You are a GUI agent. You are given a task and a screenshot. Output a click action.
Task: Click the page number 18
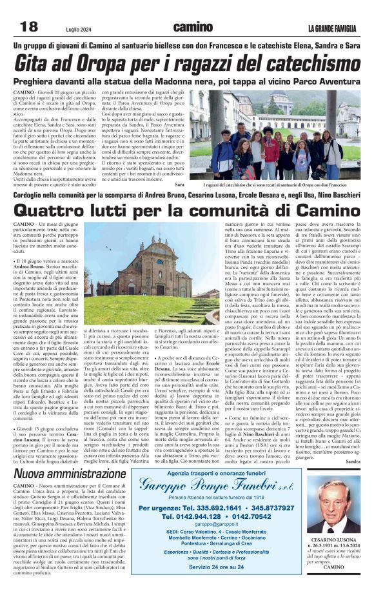[29, 26]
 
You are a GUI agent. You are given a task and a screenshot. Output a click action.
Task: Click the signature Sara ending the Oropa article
[179, 185]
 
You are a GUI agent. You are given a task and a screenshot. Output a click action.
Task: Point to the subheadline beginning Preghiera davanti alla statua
[187, 82]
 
